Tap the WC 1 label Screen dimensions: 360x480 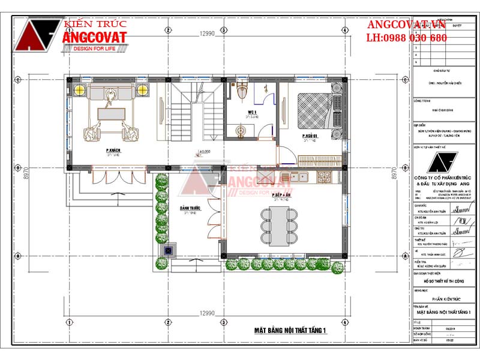tap(252, 113)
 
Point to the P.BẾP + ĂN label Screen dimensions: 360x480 tap(280, 196)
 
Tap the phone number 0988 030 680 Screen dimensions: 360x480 tap(407, 38)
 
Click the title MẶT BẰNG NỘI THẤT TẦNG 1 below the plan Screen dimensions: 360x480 tap(290, 330)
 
